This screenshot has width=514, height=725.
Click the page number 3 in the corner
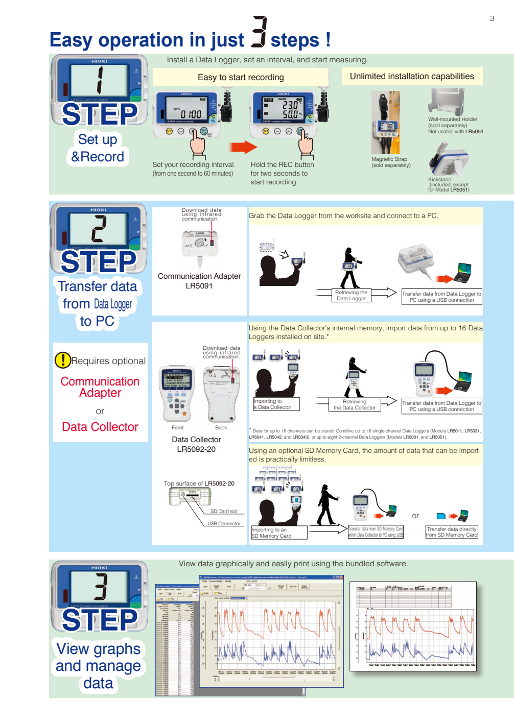pos(492,18)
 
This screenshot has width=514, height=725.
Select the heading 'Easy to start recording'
pos(241,77)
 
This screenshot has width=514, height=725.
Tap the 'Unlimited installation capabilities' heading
pos(412,77)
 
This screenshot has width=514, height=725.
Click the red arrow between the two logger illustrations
pos(243,148)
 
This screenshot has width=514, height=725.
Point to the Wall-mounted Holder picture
pos(447,101)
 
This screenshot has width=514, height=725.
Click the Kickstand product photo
pos(448,159)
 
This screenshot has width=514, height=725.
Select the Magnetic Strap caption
pos(390,162)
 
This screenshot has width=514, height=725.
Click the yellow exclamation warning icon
pos(62,360)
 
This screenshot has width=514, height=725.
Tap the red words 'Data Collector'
pos(100,427)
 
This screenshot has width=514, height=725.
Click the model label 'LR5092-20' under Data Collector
pos(196,449)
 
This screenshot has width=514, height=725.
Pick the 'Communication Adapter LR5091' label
pos(199,281)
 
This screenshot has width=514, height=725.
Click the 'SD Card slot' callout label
pos(224,511)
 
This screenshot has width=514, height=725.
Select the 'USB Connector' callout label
pos(224,523)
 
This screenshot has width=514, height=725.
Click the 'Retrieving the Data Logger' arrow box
pos(351,295)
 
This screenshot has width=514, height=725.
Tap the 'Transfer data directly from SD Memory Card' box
pos(452,532)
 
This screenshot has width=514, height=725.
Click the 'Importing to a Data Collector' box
pos(276,404)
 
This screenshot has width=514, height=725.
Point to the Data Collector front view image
pos(177,393)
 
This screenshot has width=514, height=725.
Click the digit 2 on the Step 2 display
pos(99,228)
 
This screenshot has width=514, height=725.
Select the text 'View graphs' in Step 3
pos(98,648)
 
